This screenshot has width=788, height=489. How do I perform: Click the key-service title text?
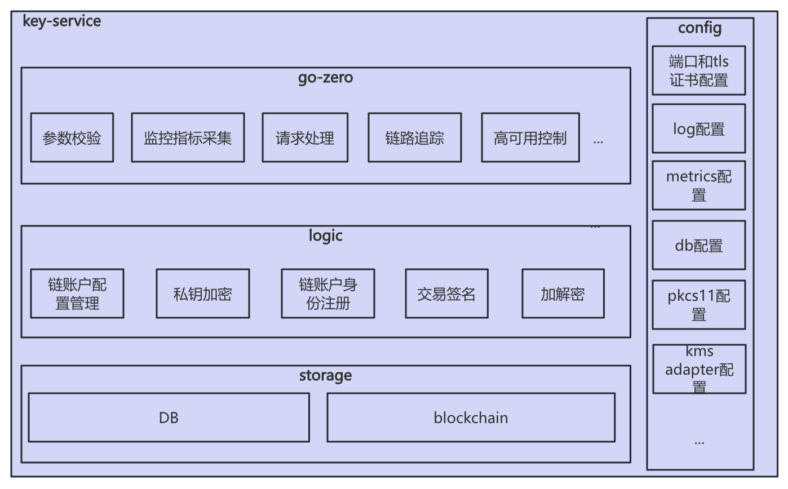tap(61, 21)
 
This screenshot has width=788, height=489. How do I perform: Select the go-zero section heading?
tap(325, 78)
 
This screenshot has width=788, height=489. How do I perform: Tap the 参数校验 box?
tap(72, 137)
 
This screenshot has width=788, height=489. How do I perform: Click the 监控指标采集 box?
tap(188, 137)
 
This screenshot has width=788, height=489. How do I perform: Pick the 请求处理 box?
tap(304, 137)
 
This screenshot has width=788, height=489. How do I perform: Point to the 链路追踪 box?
tap(414, 137)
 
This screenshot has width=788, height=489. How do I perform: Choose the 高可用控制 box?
tap(530, 137)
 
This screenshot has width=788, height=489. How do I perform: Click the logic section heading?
tap(325, 235)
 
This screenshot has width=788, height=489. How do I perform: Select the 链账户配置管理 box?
tap(77, 294)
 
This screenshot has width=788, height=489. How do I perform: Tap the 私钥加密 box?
tap(202, 294)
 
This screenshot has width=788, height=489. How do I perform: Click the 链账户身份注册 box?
tap(327, 294)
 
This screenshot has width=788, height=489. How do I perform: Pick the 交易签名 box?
tap(446, 294)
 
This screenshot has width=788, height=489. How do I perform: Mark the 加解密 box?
tap(563, 294)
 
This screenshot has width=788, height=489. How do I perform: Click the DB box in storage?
tap(169, 417)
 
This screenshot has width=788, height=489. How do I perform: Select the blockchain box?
tap(471, 417)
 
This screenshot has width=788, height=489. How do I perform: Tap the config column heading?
tap(700, 28)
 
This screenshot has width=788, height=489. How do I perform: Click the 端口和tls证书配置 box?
tap(699, 70)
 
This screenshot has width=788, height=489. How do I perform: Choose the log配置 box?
tap(699, 128)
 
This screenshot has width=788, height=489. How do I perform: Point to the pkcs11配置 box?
tap(699, 305)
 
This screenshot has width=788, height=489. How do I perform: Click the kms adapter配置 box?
tap(699, 369)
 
